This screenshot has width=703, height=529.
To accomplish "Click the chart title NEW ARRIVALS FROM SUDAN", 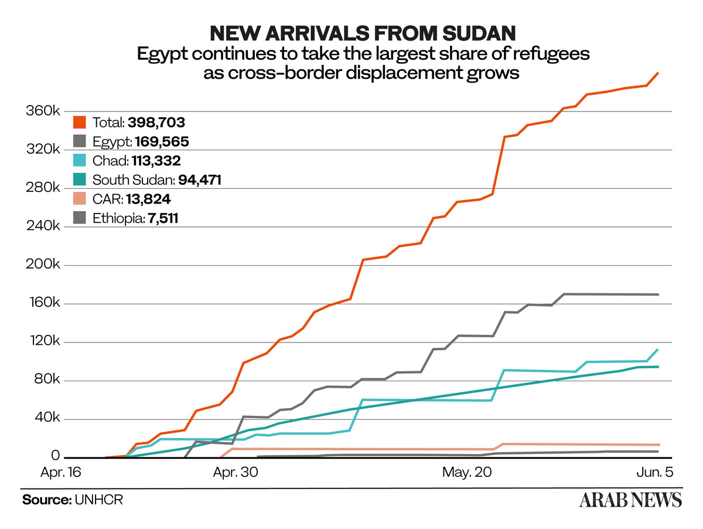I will (363, 33).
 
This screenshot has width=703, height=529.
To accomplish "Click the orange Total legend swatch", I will (80, 123).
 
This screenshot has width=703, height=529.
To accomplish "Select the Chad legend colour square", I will (80, 161).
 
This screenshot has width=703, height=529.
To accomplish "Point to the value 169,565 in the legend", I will (162, 141).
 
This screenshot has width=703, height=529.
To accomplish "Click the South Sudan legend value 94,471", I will (196, 180).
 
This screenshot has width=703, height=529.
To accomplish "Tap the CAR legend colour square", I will (80, 199).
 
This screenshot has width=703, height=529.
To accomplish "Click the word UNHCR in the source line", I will (98, 500).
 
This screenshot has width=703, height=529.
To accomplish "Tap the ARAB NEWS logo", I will (630, 500).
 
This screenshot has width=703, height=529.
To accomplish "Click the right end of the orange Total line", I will (658, 73).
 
